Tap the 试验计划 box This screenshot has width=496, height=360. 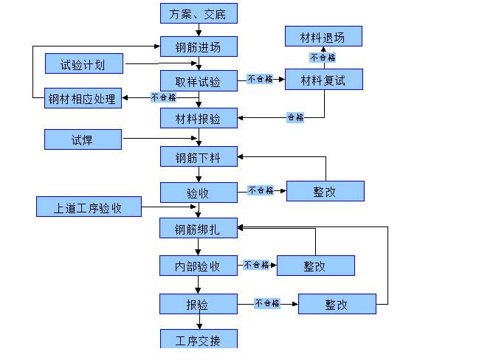pos(83,64)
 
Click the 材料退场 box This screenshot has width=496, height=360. pos(323,36)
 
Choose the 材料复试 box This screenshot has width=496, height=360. pos(323,80)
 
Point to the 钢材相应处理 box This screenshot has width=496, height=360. pos(83,98)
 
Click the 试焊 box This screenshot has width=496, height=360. pos(83,139)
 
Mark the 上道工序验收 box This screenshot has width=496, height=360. pos(89,207)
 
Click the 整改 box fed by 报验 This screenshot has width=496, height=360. pos(337,304)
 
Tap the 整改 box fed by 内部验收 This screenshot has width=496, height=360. pos(315,266)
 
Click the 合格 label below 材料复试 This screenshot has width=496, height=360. pos(295,117)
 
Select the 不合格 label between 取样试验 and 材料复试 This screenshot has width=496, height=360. pos(261,78)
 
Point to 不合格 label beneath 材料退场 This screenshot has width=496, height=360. pos(323,57)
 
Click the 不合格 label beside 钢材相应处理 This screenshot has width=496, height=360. pos(163,97)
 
